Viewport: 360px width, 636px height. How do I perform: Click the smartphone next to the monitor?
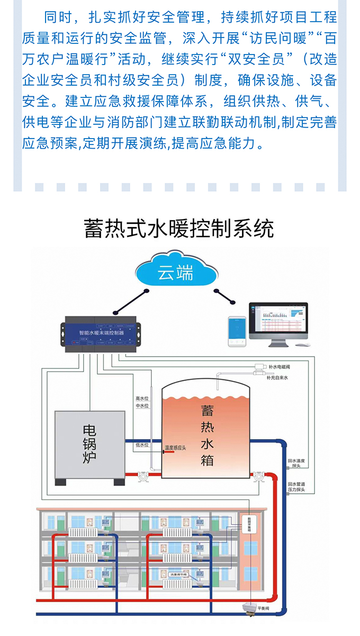(237, 331)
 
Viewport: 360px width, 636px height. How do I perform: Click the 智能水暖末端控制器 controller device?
(101, 333)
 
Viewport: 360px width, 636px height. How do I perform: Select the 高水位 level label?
(142, 398)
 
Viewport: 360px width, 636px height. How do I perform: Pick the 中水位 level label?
(142, 406)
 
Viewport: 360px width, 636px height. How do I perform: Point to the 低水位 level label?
(142, 445)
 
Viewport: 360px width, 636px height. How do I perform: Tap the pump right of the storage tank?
(258, 476)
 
